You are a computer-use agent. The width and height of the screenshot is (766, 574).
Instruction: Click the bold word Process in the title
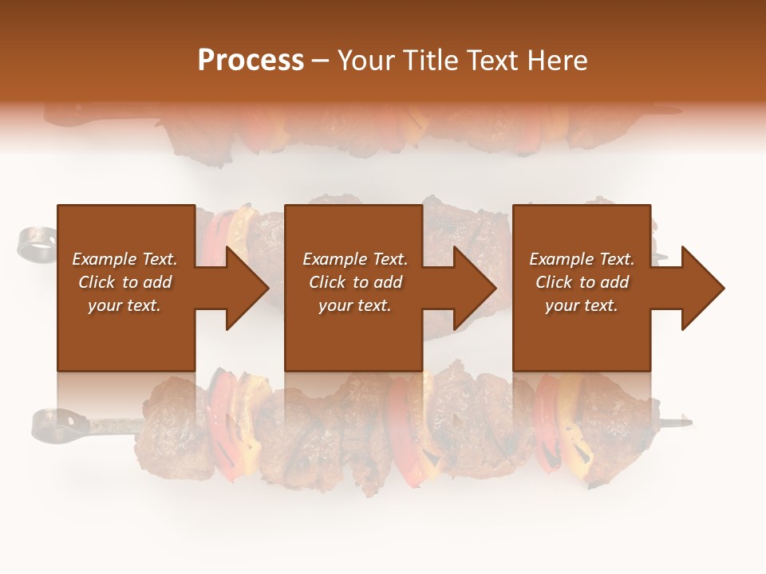coord(251,61)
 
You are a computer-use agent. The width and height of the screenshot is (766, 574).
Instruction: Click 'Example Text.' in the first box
coord(124,259)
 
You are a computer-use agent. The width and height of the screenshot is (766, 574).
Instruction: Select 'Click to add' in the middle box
coord(355,282)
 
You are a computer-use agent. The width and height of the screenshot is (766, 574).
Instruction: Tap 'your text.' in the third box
coord(582,305)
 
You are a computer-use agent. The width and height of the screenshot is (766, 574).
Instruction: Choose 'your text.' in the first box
coord(124,305)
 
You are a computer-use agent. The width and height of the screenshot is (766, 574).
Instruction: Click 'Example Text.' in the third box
coord(582,259)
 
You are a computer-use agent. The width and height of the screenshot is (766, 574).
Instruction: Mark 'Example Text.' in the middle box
coord(355,259)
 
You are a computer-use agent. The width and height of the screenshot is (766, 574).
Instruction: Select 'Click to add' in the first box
coord(124,282)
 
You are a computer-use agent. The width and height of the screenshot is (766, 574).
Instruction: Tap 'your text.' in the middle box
coord(355,305)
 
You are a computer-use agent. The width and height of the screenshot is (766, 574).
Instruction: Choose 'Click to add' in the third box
coord(582,282)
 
